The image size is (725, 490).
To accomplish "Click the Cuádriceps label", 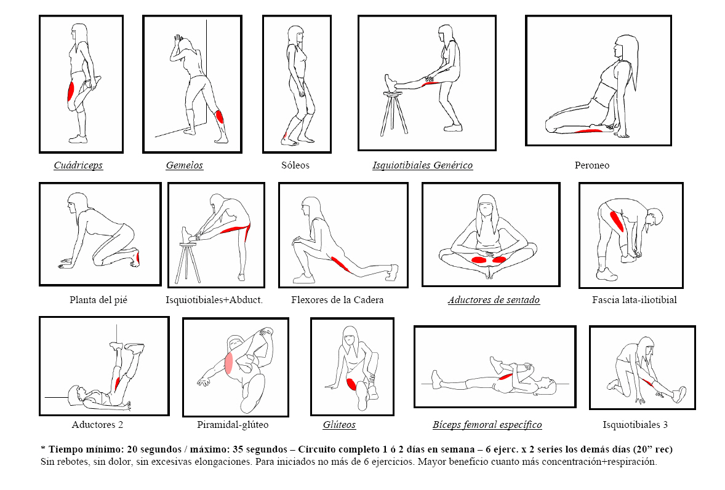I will click(78, 165).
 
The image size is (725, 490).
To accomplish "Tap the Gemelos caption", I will click(184, 165).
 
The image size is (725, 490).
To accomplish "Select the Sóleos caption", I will click(295, 165).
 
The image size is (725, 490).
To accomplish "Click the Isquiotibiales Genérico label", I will click(422, 165).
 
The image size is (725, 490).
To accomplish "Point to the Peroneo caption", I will click(591, 165).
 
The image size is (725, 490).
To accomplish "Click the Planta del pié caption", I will click(98, 300).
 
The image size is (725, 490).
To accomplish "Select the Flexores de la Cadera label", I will click(337, 300).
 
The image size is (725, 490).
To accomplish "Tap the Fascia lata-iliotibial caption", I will click(634, 300).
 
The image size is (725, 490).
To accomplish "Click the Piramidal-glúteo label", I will click(233, 425).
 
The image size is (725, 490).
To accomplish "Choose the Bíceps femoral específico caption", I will click(487, 425).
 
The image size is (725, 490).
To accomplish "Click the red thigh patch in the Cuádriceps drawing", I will click(71, 92).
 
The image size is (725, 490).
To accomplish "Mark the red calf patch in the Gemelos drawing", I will click(220, 116).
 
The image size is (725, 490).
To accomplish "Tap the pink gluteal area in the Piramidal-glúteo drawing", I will click(229, 364).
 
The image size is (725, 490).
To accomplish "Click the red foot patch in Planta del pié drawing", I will click(138, 257).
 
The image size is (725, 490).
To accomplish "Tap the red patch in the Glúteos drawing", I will click(351, 385).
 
